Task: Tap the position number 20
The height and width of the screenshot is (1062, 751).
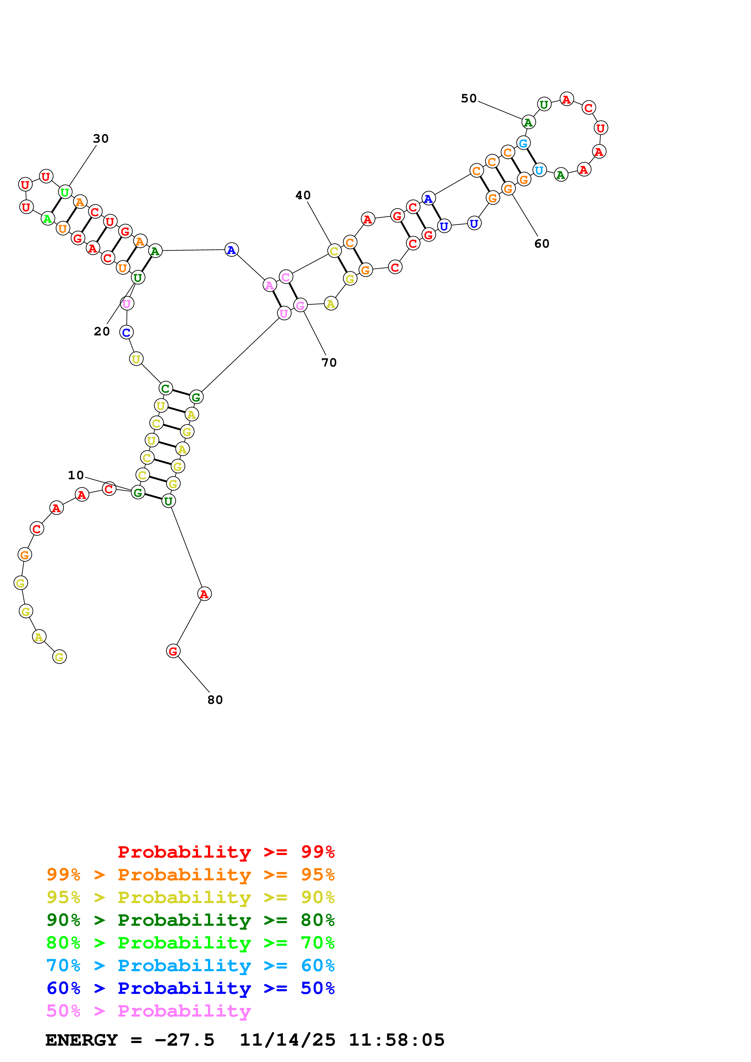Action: pyautogui.click(x=102, y=331)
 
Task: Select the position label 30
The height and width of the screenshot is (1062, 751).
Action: pyautogui.click(x=101, y=138)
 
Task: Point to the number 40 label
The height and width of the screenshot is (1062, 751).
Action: pyautogui.click(x=303, y=195)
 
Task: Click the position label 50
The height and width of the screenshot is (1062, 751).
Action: pyautogui.click(x=469, y=98)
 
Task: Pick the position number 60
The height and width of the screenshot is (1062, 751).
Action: pyautogui.click(x=542, y=244)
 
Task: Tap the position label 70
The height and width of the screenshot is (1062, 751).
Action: pyautogui.click(x=329, y=363)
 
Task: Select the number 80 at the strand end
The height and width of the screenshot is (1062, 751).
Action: pyautogui.click(x=215, y=700)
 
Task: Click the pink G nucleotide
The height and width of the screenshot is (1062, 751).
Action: pyautogui.click(x=300, y=305)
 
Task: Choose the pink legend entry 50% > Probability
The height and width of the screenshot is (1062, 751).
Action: pyautogui.click(x=148, y=1011)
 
